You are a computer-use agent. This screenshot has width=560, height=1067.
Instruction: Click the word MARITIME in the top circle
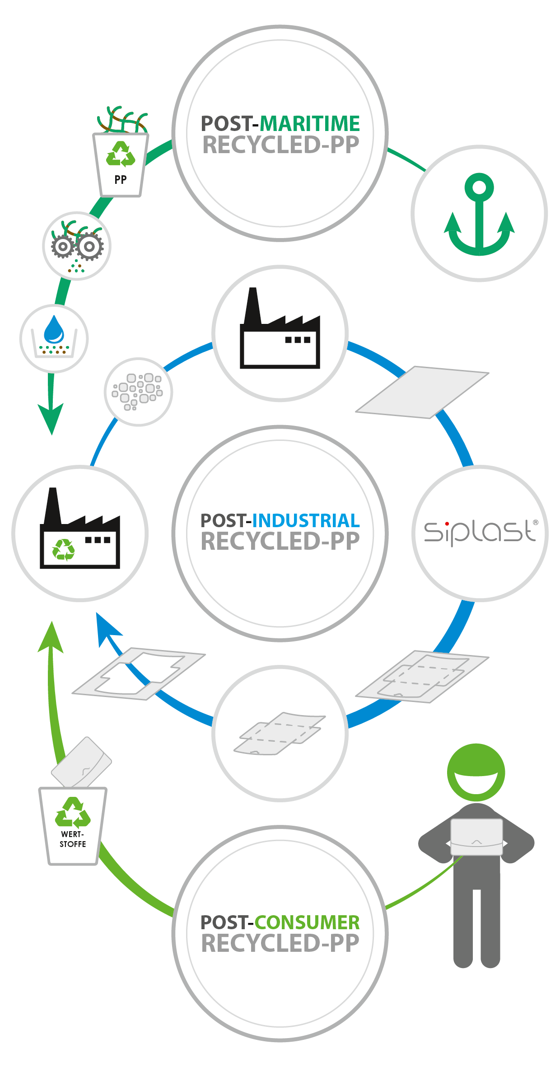coord(309,124)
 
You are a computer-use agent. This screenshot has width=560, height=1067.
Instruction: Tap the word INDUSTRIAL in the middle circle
coord(306,521)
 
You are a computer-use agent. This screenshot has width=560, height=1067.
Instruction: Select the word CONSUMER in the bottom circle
coord(307,922)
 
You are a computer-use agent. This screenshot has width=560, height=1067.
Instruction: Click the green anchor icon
coord(479,215)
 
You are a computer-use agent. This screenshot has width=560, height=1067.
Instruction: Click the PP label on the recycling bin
coord(121,180)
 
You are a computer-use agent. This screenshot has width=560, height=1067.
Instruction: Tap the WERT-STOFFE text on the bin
coord(73,839)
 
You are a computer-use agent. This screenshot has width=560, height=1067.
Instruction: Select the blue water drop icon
coord(54,329)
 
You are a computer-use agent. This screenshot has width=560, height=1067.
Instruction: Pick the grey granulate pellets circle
coord(138,392)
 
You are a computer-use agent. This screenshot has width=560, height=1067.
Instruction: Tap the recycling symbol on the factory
coord(64,550)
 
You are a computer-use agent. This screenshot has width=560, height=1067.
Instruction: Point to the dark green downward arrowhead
coord(51,418)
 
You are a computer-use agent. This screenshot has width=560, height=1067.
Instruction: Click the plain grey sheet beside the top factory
coord(422,392)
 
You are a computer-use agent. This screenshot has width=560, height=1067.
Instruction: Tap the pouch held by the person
coord(476,837)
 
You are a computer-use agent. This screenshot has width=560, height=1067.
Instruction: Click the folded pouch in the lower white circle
coord(280,733)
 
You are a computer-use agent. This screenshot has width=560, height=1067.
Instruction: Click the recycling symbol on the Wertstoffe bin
coord(72,812)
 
